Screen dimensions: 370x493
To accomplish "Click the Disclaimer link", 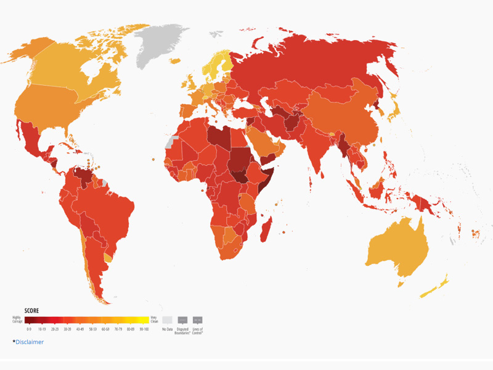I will [x=30, y=342].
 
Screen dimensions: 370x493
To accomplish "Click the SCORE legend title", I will [x=32, y=311].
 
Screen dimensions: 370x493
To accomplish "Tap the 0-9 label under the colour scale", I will [x=28, y=330].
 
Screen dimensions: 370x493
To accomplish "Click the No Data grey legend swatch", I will [x=167, y=320].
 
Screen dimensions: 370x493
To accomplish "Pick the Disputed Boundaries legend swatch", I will [x=182, y=320].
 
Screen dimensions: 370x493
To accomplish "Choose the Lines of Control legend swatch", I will [x=197, y=320].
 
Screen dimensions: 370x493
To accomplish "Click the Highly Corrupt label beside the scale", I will [x=17, y=319].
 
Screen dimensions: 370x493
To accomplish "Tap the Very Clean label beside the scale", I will [x=155, y=319].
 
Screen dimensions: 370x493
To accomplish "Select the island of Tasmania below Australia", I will [x=401, y=284].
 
